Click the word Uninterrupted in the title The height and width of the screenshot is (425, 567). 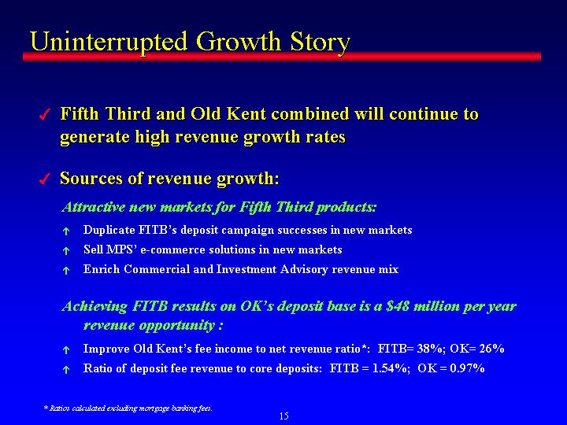[x=109, y=42]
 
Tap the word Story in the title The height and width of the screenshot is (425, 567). [x=321, y=43]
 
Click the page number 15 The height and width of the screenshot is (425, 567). [x=283, y=416]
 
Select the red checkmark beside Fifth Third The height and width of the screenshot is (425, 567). [x=44, y=115]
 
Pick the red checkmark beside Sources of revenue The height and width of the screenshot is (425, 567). [x=44, y=179]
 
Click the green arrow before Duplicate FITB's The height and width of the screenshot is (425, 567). [x=66, y=231]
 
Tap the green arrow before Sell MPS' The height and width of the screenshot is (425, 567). [x=66, y=251]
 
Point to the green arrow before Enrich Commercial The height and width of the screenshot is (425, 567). [x=66, y=270]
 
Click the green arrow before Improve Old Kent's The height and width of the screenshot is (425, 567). [x=66, y=349]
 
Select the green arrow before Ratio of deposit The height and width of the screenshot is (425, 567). [x=66, y=369]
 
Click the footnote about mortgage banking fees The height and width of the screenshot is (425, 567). [x=128, y=408]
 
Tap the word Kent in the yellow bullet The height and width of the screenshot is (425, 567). [x=247, y=114]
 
